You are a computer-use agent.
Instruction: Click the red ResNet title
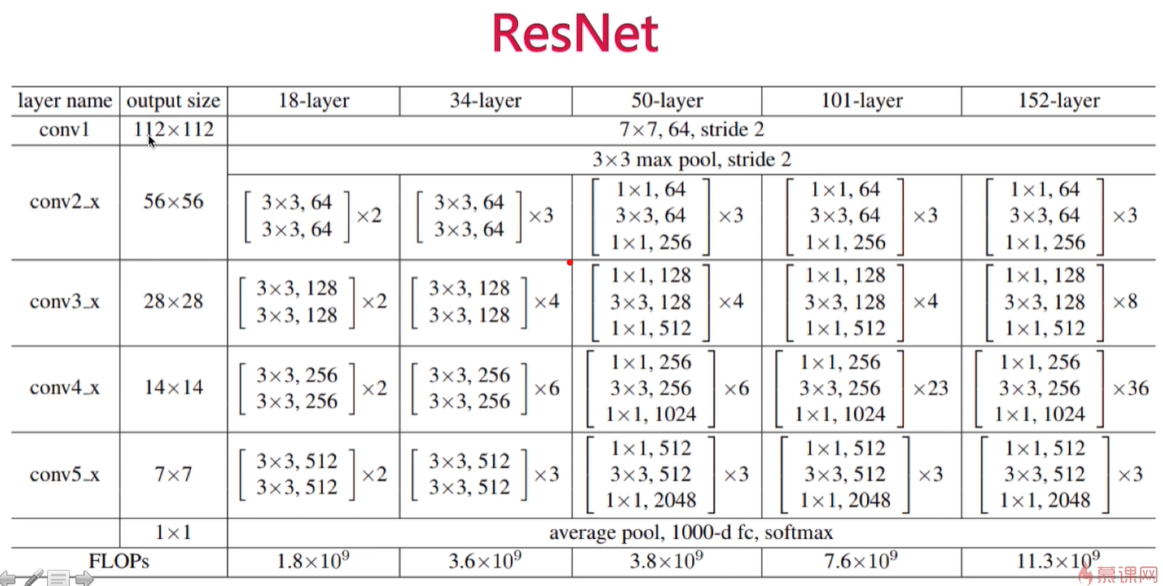tap(575, 34)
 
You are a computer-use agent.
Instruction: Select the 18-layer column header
tap(313, 101)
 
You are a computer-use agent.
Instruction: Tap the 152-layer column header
tap(1058, 101)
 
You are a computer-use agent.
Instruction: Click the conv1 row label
tap(64, 130)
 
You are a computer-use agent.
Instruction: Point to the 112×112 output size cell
tap(173, 130)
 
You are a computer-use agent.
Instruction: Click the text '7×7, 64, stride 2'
tap(691, 130)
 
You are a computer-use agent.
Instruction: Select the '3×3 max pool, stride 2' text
tap(691, 159)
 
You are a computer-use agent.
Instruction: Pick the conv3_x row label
tap(64, 302)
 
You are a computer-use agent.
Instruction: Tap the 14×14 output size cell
tap(173, 388)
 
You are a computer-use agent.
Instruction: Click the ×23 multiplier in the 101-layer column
tap(930, 389)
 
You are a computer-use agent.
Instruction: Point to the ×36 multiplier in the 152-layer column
tap(1130, 389)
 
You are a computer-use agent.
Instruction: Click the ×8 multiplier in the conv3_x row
tap(1124, 302)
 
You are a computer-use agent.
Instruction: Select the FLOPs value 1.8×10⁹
tap(313, 560)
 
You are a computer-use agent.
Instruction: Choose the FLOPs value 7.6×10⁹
tap(860, 560)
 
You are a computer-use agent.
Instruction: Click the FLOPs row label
tap(119, 561)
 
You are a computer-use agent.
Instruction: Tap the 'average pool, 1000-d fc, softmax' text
tap(691, 532)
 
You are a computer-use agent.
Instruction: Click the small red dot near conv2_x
tap(570, 262)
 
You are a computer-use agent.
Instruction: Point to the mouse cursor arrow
tap(151, 141)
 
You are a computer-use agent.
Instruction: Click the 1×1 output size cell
tap(173, 532)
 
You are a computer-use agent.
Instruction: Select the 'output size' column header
tap(173, 101)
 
